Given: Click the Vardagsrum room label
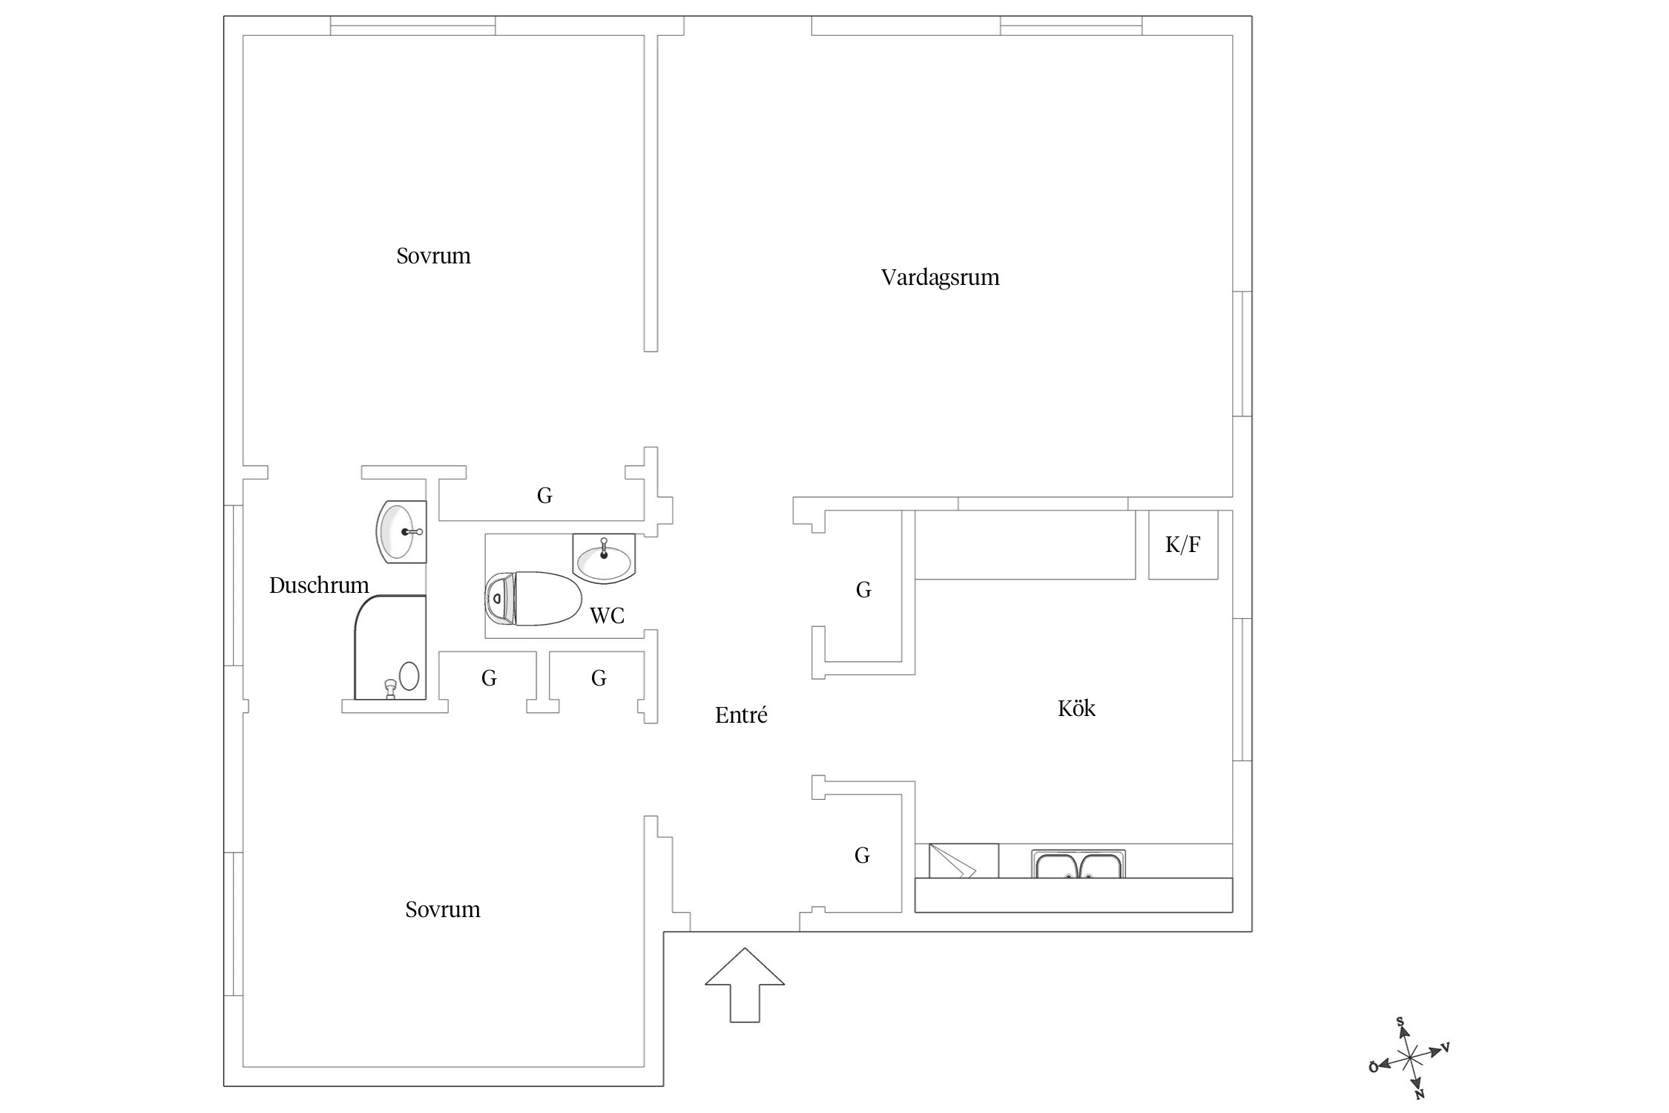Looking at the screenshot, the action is pyautogui.click(x=940, y=278).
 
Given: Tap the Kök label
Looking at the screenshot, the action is pyautogui.click(x=1076, y=708).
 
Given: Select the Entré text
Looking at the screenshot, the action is pyautogui.click(x=741, y=715).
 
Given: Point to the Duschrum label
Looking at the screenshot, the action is pyautogui.click(x=319, y=585).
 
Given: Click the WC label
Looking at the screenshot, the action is pyautogui.click(x=607, y=615).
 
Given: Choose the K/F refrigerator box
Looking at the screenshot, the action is pyautogui.click(x=1183, y=545).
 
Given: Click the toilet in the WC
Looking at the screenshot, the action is pyautogui.click(x=533, y=598).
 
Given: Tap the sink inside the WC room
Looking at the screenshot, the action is pyautogui.click(x=604, y=558).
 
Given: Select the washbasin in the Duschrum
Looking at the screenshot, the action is pyautogui.click(x=402, y=531).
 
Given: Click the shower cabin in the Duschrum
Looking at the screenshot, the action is pyautogui.click(x=390, y=647).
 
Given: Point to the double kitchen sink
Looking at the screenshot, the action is pyautogui.click(x=1079, y=864).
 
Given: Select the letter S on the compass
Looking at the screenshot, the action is pyautogui.click(x=1400, y=1022).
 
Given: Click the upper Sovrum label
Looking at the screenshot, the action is pyautogui.click(x=433, y=256).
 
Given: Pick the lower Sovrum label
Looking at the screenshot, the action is pyautogui.click(x=443, y=910).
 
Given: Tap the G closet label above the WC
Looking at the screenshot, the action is pyautogui.click(x=544, y=496).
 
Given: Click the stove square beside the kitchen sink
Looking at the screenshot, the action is pyautogui.click(x=964, y=861).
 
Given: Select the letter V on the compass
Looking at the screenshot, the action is pyautogui.click(x=1445, y=1048).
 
